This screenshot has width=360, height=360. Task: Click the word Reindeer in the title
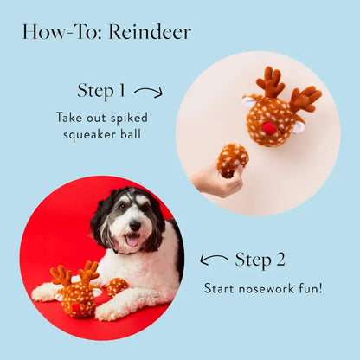coord(151,33)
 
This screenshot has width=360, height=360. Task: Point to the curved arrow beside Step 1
coord(148,91)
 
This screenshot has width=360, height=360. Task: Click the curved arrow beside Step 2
coord(214,259)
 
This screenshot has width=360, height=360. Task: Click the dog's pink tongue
coord(132,240)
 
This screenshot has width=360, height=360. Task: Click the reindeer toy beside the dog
coord(76,292)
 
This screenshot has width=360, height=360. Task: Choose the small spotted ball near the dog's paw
coord(115,286)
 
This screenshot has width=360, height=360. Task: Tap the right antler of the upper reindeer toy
coord(305,98)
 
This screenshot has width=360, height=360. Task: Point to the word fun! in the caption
coord(309,287)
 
